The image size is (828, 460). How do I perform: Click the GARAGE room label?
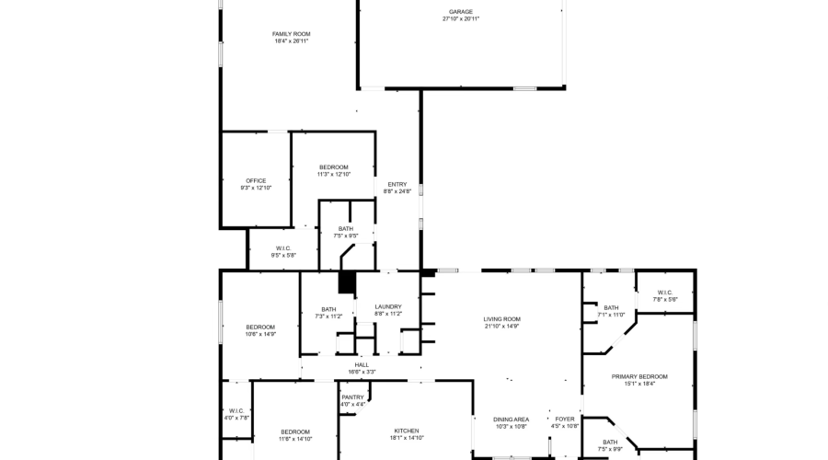click(461, 12)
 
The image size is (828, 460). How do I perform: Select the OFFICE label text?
click(256, 180)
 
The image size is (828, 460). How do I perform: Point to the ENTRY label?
click(397, 184)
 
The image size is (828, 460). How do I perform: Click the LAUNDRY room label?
click(388, 306)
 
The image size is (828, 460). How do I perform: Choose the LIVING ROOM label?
click(501, 319)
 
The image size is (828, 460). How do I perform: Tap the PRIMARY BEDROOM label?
click(639, 376)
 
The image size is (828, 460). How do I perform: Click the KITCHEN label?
click(407, 431)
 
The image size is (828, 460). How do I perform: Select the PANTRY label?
click(353, 397)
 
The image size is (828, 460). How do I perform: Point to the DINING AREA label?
click(511, 419)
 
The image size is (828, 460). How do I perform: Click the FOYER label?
click(565, 419)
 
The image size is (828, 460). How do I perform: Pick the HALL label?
click(362, 364)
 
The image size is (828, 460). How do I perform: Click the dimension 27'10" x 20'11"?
click(461, 19)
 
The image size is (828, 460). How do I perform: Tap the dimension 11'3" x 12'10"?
click(334, 174)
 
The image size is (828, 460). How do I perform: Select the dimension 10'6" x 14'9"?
click(260, 334)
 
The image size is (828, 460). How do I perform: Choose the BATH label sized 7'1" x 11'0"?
click(612, 307)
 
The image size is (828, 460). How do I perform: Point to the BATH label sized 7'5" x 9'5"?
click(345, 229)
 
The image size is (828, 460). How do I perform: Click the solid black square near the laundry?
click(347, 283)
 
